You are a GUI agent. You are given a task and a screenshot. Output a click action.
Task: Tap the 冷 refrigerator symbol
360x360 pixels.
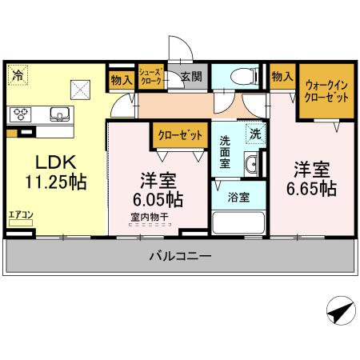coord(18,77)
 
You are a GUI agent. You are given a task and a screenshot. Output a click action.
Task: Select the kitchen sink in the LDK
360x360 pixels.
coord(59,113)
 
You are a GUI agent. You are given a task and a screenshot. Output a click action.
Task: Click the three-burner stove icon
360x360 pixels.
coord(19,113)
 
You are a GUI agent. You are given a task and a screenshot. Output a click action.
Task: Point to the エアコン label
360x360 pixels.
coord(20,214)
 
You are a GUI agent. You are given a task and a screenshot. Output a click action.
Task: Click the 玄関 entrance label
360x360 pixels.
coord(190,77)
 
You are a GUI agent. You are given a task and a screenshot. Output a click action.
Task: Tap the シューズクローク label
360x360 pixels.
coord(151,78)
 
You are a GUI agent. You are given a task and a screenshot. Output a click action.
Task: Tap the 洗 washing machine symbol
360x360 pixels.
coord(254,134)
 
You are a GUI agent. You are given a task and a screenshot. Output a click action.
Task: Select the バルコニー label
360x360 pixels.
coord(180,257)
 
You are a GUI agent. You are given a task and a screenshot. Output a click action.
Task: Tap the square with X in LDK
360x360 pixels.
coord(79,89)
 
